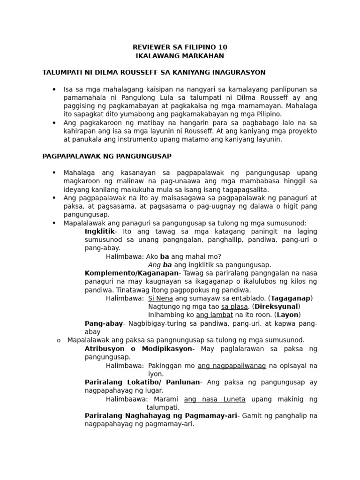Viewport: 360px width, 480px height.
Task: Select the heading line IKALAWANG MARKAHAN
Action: (180, 56)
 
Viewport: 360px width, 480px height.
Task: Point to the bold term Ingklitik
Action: (99, 232)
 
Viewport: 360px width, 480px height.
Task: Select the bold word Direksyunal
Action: (277, 306)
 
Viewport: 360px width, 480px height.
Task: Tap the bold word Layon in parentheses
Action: (287, 315)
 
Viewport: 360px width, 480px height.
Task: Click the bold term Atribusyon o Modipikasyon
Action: (138, 349)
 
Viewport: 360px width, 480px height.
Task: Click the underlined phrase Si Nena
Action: (160, 298)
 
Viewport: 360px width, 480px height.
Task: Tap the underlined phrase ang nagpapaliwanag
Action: (232, 365)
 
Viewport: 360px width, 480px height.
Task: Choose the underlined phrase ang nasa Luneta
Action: (215, 399)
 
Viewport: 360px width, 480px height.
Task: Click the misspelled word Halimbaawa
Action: (126, 399)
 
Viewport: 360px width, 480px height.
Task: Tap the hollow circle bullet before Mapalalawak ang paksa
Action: (59, 340)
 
